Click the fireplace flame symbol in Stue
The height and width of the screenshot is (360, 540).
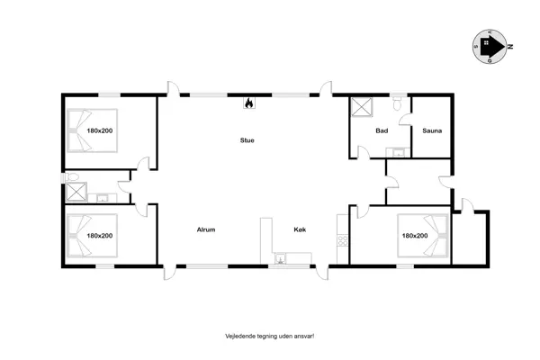(247, 103)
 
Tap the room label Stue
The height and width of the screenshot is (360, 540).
(247, 139)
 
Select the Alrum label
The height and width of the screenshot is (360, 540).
(206, 229)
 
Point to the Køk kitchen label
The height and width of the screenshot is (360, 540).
(301, 229)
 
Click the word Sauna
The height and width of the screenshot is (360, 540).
(431, 130)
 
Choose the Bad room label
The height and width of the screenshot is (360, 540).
(382, 130)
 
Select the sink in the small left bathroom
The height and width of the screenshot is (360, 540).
(103, 198)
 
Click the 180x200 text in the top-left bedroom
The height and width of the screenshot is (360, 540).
(99, 130)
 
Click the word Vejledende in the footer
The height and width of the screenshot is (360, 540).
(240, 336)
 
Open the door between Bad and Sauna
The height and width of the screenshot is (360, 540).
(411, 119)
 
